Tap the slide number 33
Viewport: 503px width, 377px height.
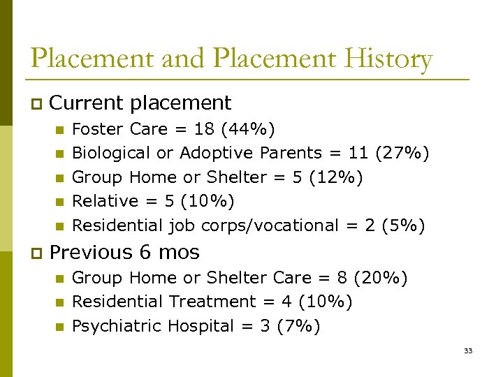468,350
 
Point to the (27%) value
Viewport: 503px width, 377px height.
402,153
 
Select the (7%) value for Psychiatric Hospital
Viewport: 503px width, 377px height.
300,326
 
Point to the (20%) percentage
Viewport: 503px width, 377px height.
381,278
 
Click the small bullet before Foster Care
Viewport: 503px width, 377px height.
59,130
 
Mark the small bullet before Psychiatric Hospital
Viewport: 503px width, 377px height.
59,327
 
